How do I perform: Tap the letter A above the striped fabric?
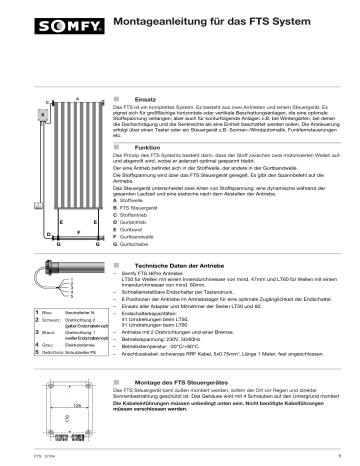point(76,97)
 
